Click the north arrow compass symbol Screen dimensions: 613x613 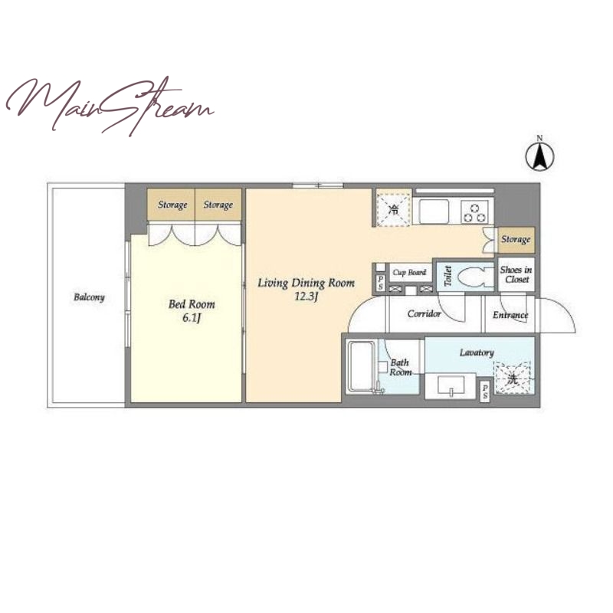click(x=539, y=156)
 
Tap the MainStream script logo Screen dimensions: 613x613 click(x=110, y=105)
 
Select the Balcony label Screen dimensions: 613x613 click(x=89, y=297)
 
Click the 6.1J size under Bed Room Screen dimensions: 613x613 click(x=192, y=318)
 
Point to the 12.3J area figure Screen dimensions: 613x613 click(x=306, y=297)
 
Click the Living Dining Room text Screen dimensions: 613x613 click(x=306, y=283)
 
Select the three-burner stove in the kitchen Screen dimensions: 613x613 click(x=475, y=212)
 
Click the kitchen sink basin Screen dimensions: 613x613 click(x=434, y=211)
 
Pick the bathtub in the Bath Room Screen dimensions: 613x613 click(x=362, y=366)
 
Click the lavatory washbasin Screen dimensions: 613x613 click(x=451, y=385)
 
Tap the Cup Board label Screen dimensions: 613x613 click(x=409, y=273)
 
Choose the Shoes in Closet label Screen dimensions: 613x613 click(x=516, y=274)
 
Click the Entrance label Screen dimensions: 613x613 click(x=510, y=315)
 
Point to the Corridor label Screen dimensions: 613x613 click(x=425, y=313)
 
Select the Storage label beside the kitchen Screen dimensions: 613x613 click(x=516, y=239)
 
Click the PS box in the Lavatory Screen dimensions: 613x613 click(x=485, y=392)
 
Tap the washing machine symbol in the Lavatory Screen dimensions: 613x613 click(x=513, y=378)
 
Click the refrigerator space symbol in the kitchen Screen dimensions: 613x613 click(x=394, y=208)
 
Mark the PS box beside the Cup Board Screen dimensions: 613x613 click(x=381, y=283)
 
